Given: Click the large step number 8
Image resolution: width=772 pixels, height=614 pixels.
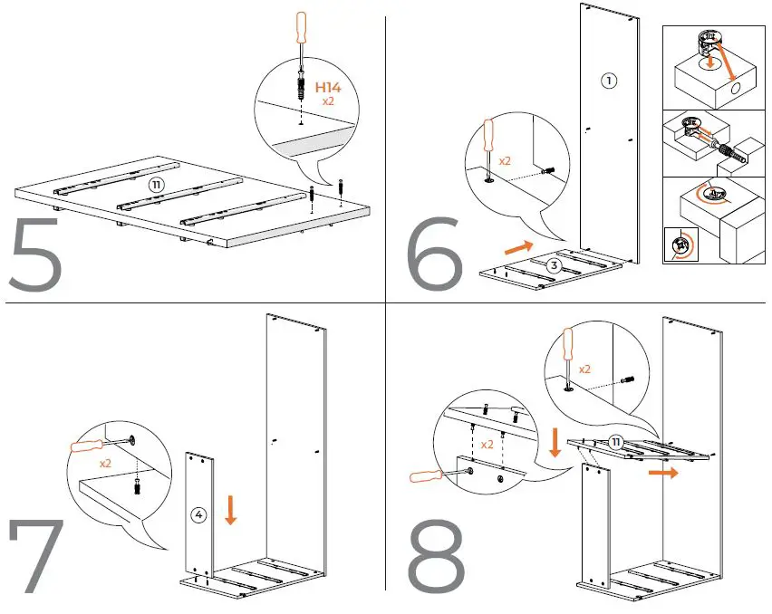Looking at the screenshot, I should (438, 555).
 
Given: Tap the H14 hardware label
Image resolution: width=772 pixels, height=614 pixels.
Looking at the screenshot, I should (329, 88).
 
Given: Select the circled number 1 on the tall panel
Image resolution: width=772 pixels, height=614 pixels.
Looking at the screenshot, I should (609, 81).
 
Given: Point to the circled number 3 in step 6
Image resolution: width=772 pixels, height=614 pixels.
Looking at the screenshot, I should (554, 264).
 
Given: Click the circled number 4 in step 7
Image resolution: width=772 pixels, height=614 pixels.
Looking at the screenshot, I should (199, 515).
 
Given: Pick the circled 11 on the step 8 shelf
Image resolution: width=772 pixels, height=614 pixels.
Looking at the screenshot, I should (615, 441).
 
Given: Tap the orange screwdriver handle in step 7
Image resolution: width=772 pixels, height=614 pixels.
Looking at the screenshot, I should (90, 446).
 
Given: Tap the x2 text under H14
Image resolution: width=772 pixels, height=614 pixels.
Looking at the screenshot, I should (329, 103).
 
